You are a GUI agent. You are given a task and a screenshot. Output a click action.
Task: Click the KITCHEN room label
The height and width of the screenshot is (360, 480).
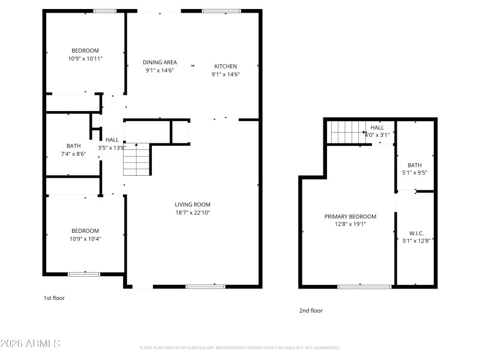coord(226,66)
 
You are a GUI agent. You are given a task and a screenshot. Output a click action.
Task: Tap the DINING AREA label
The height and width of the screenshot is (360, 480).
coord(159,62)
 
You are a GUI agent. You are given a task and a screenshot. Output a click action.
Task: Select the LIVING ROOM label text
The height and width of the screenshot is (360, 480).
coord(192,205)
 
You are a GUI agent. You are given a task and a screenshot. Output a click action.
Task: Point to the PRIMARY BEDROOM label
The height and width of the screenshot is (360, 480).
coord(350,217)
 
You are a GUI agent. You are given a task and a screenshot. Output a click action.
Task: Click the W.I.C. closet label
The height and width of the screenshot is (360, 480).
coord(416,233)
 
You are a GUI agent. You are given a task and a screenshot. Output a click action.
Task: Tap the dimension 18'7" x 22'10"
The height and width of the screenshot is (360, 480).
coord(192,212)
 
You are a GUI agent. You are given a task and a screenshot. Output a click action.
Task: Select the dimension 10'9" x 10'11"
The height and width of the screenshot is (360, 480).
coord(85,58)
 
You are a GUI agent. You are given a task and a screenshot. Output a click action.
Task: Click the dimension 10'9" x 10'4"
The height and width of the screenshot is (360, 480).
coord(85,239)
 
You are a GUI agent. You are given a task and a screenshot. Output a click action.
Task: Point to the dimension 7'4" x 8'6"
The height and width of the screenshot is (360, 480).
coord(74,154)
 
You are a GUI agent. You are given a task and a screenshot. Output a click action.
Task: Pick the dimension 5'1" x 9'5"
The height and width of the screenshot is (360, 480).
coord(415,173)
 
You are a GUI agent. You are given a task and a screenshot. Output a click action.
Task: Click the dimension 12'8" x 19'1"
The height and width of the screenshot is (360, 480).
coord(350,224)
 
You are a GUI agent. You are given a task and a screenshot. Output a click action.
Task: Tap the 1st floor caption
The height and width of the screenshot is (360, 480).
coord(54,298)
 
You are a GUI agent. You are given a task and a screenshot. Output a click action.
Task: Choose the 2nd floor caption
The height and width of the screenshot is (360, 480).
coord(311,311)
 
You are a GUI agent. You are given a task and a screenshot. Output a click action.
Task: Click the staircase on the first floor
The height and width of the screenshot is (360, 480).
coord(136,160)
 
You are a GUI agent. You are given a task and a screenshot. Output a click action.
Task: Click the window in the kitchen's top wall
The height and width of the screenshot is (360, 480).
coord(221,11)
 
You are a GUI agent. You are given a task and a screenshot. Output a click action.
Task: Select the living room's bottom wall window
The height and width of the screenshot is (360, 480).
coord(205,287)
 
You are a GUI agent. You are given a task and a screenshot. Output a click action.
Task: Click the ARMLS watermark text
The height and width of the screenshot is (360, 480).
coord(30,344)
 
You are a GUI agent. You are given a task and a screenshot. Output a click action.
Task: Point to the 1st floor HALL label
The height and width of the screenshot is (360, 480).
coord(112,140)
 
